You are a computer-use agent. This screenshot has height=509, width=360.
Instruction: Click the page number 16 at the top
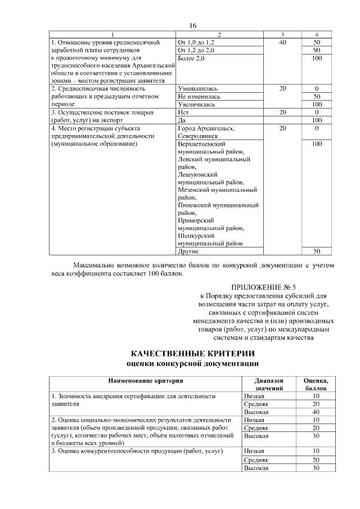point(193,26)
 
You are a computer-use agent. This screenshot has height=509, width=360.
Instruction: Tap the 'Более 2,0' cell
point(191,58)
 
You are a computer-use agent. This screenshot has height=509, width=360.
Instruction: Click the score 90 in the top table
point(317,51)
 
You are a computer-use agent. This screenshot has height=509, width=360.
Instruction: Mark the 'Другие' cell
point(187,251)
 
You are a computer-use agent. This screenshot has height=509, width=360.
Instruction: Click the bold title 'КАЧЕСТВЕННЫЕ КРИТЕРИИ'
point(192,354)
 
